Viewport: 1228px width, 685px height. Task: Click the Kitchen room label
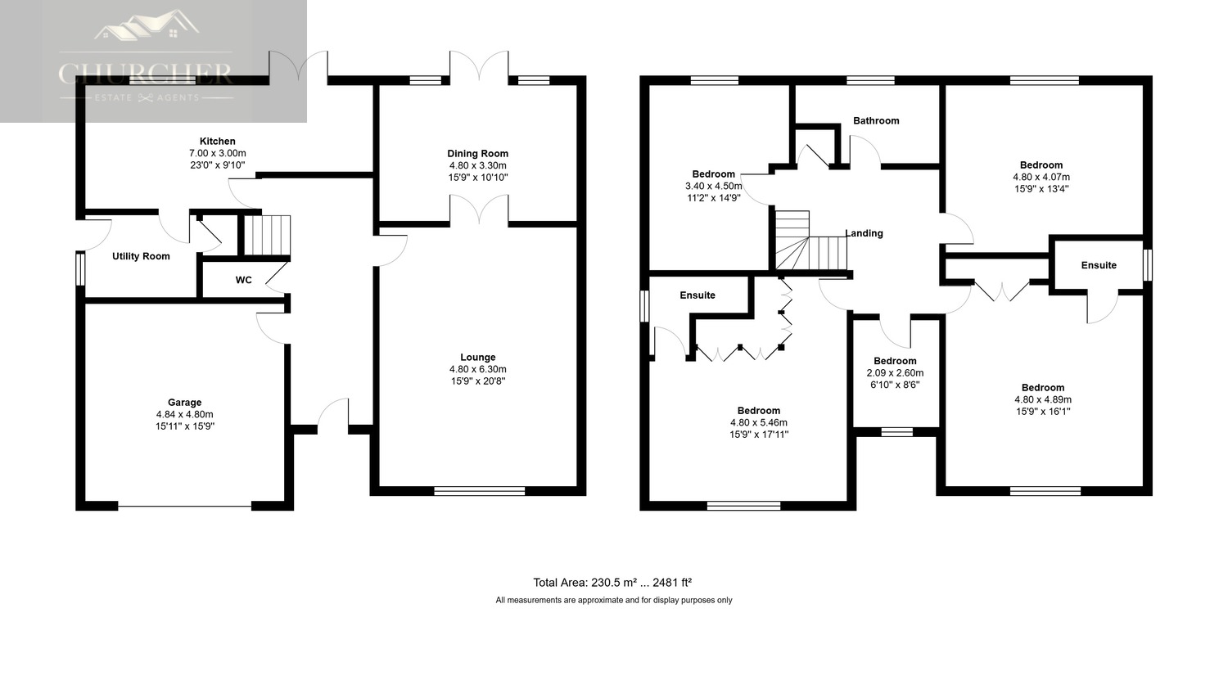coord(217,142)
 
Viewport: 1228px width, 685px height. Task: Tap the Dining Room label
coord(477,153)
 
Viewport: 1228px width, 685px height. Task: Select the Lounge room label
coord(477,358)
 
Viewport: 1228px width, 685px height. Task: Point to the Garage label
coord(185,402)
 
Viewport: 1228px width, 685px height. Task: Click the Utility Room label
coord(141,256)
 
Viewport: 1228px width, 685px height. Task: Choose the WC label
coord(243,280)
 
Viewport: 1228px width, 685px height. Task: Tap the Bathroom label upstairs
coord(876,120)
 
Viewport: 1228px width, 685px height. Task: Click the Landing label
coord(864,233)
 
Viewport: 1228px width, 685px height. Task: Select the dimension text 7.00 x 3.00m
coord(218,153)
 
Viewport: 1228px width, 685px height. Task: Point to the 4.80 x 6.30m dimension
coord(477,369)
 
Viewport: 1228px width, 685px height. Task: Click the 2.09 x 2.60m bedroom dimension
coord(895,372)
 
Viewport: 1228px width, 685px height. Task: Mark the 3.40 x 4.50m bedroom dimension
coord(713,187)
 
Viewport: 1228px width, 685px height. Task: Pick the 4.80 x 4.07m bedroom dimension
coord(1041,177)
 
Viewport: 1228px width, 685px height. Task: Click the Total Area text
coord(612,583)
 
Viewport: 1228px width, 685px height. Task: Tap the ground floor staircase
coord(266,235)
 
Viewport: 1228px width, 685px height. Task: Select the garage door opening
coord(185,507)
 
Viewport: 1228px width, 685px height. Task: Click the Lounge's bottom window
coord(479,491)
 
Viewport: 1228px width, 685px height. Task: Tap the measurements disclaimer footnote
coord(613,600)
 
